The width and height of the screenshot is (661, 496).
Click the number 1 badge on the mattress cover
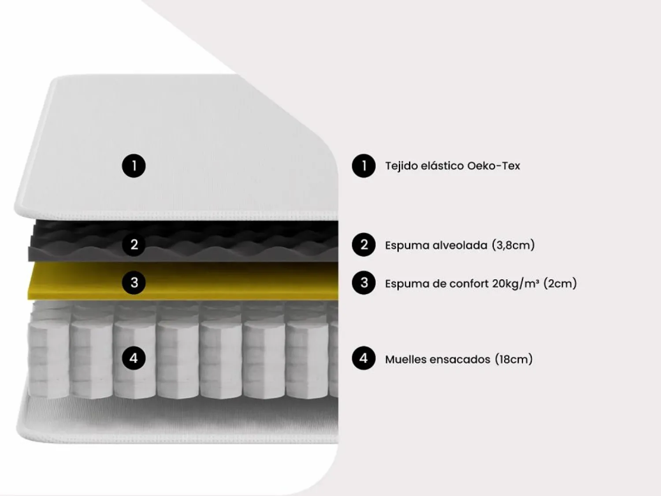pos(134,166)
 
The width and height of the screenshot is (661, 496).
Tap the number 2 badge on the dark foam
pos(134,244)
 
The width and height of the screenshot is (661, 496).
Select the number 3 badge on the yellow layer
pos(134,283)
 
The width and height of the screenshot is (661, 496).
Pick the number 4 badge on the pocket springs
pos(134,358)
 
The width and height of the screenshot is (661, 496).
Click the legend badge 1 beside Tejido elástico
pos(364,166)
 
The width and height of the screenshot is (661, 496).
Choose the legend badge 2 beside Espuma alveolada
pos(364,244)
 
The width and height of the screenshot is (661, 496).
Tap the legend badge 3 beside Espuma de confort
pos(364,283)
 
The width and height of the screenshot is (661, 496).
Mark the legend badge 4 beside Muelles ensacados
pos(364,358)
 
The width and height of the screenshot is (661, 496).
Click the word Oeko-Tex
pos(494,166)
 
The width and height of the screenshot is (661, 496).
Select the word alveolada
pos(460,245)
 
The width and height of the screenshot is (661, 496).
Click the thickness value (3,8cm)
pos(513,245)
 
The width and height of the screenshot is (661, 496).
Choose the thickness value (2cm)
pos(560,284)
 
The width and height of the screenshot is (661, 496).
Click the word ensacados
pos(460,359)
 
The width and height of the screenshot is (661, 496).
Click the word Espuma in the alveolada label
pos(407,246)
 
